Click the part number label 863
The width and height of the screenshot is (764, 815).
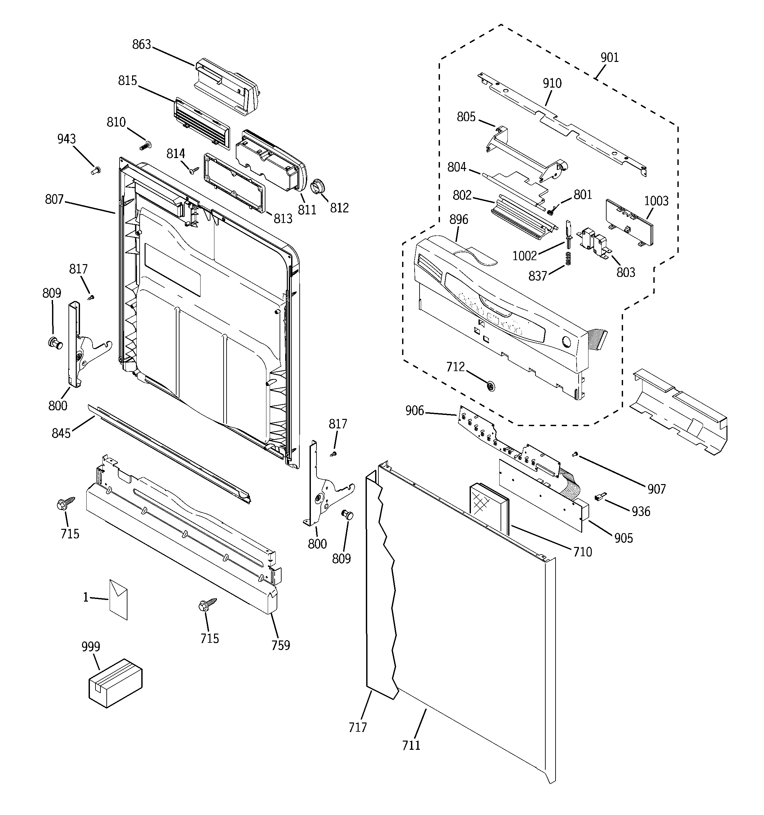pyautogui.click(x=142, y=44)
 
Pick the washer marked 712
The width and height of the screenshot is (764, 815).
pyautogui.click(x=490, y=385)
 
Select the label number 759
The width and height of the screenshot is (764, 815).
pyautogui.click(x=281, y=646)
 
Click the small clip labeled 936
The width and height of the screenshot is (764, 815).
pyautogui.click(x=600, y=497)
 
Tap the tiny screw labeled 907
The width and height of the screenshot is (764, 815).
pyautogui.click(x=575, y=454)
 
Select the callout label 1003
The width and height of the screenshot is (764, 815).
pyautogui.click(x=656, y=201)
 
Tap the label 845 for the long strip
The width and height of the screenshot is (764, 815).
pyautogui.click(x=61, y=433)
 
